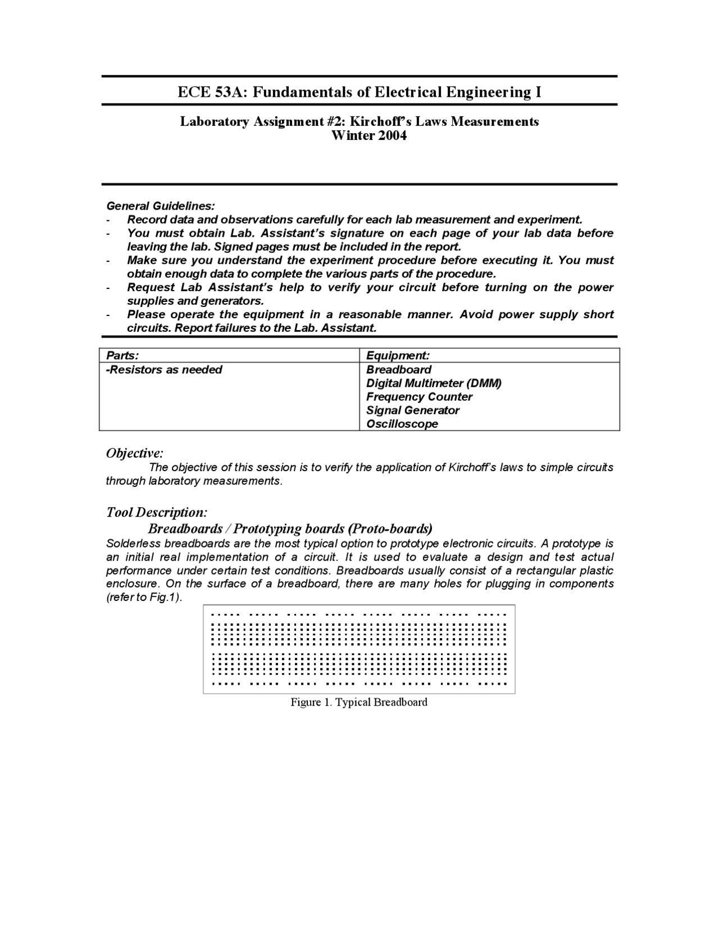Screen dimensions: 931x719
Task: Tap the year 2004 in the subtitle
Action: pos(392,135)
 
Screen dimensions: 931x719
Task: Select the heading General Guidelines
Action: pos(161,206)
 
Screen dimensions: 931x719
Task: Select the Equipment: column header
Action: pos(398,355)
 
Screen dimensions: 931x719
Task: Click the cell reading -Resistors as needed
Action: pos(164,370)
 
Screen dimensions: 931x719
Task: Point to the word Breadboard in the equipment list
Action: pos(399,370)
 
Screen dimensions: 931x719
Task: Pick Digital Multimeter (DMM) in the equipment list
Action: pos(434,383)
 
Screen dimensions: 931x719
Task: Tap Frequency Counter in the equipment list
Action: pos(419,397)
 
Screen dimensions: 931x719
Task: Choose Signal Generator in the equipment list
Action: pos(413,410)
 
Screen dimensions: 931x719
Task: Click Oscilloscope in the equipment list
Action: pos(402,424)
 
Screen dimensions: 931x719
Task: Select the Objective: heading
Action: pos(135,453)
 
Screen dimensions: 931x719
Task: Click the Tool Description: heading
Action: pos(157,512)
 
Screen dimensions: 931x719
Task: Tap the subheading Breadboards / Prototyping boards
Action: pos(290,528)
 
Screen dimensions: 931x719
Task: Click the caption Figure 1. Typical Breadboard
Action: pos(358,702)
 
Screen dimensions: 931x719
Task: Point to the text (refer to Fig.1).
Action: pos(144,598)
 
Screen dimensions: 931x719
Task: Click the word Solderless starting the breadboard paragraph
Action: pos(134,544)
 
